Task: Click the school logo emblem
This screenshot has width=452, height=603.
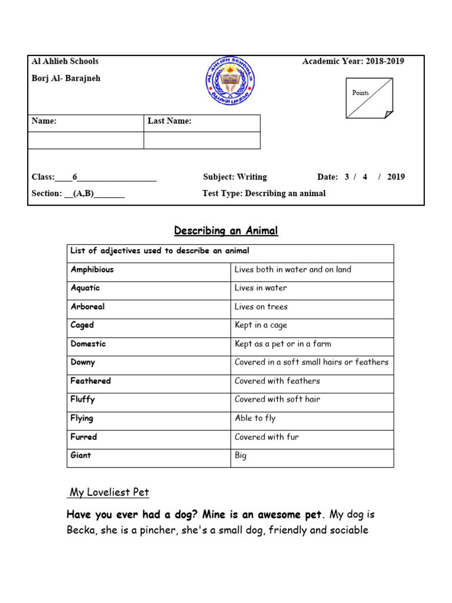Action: pos(230,81)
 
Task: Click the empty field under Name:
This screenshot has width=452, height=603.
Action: pos(86,140)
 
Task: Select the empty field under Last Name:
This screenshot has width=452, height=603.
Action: pos(202,140)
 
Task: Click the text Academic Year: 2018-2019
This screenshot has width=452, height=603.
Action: pos(353,61)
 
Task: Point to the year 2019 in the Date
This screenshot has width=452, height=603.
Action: pos(396,177)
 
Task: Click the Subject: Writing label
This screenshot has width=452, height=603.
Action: pos(235,177)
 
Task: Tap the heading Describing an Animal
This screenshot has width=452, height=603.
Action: pos(226,231)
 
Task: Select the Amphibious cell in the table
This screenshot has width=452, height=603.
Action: pos(92,270)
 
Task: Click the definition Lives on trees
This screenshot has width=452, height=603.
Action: pos(261,307)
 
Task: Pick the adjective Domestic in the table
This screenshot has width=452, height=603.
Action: pos(88,344)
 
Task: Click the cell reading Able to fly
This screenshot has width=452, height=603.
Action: pos(255,418)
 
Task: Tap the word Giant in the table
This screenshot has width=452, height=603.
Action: pos(81,455)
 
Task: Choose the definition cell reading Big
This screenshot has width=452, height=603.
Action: pos(241,456)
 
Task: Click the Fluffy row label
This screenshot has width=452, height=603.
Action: pos(83,399)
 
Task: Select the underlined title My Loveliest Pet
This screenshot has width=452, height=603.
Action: pos(110,492)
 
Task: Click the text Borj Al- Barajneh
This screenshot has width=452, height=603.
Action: pos(66,78)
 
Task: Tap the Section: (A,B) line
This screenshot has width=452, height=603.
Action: pos(78,193)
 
